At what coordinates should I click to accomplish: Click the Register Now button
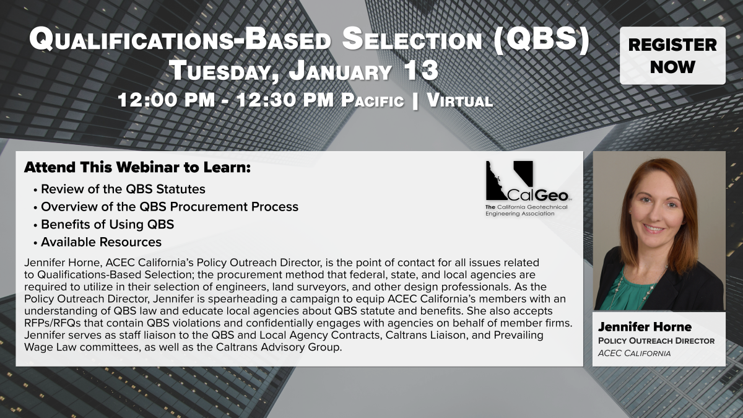[672, 55]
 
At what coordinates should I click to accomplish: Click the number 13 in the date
[421, 71]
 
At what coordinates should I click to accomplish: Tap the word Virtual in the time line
[459, 100]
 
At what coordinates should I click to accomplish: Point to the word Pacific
[373, 100]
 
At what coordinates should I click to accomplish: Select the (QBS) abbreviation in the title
[541, 39]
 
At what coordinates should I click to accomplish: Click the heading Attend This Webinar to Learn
[137, 167]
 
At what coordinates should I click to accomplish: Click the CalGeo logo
[528, 181]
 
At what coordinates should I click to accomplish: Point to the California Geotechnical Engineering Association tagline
[526, 211]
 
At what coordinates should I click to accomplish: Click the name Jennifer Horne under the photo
[645, 327]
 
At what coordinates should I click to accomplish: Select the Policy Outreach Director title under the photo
[656, 341]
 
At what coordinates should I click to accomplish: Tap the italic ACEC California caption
[634, 354]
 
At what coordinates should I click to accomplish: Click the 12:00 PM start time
[167, 100]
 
